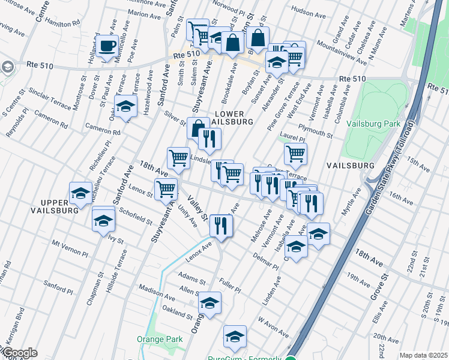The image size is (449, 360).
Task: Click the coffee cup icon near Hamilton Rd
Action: (x=107, y=46)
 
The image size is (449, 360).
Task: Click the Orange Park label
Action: (x=165, y=339)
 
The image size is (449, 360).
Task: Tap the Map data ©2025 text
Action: (x=423, y=355)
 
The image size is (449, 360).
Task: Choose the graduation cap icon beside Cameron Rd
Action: (x=125, y=107)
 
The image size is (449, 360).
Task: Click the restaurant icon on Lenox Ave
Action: (x=221, y=226)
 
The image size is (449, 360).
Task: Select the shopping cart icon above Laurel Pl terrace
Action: (x=295, y=154)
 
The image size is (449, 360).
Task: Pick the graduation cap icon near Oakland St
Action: (x=210, y=304)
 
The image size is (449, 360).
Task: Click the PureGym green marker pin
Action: (x=291, y=359)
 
